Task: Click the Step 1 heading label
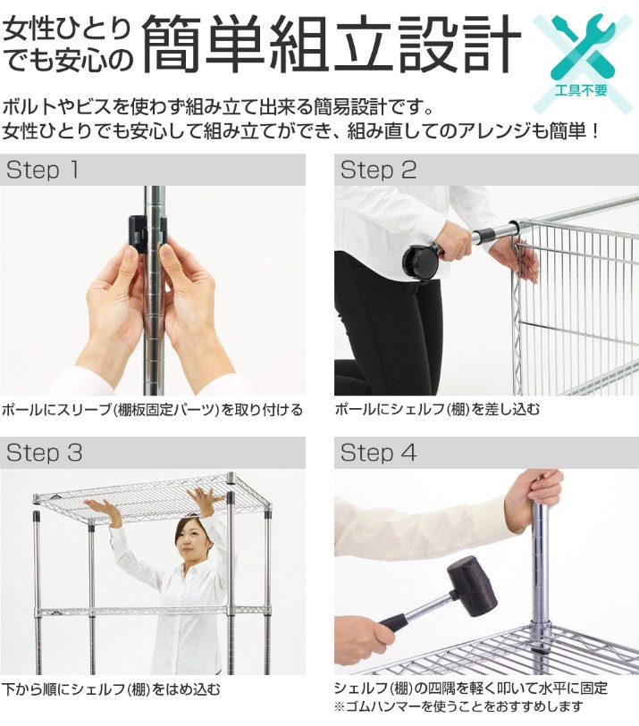[x=42, y=170]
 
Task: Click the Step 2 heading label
[x=378, y=170]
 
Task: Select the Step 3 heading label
[x=44, y=453]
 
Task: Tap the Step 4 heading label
[x=378, y=453]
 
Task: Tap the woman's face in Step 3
[x=191, y=541]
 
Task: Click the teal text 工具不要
[x=581, y=90]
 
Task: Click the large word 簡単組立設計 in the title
[x=332, y=44]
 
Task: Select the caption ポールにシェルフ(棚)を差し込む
[x=437, y=409]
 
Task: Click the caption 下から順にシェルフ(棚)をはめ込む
[x=111, y=689]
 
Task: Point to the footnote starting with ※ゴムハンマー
[x=458, y=706]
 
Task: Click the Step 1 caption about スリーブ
[x=152, y=410]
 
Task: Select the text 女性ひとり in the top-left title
[x=67, y=29]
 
